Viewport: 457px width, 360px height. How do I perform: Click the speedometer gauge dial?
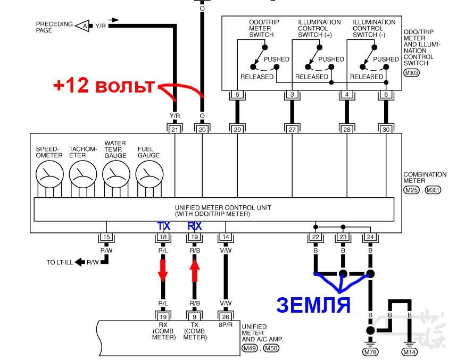[49, 174]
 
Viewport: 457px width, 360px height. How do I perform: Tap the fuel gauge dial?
[149, 174]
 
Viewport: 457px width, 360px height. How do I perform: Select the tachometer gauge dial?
[83, 174]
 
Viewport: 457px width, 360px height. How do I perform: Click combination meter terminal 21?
[175, 129]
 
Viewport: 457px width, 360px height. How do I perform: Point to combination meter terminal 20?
[202, 129]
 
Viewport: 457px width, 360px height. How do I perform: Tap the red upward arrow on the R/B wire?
[194, 271]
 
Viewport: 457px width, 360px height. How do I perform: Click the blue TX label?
[163, 225]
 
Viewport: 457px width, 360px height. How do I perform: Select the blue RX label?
[194, 225]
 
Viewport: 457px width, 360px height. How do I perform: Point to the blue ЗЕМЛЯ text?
[313, 305]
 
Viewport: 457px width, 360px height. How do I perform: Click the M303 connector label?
[411, 72]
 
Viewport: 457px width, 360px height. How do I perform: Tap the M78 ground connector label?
[370, 352]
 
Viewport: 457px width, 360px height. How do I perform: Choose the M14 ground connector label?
[410, 352]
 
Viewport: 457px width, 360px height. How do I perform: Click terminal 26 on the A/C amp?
[226, 316]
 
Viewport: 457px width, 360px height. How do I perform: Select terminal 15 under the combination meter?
[106, 237]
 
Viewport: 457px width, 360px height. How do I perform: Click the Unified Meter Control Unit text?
[223, 211]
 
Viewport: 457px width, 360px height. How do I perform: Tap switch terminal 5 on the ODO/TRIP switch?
[237, 94]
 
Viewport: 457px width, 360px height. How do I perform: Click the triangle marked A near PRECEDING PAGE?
[83, 26]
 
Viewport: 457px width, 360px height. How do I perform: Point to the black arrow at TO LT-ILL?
[80, 262]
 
